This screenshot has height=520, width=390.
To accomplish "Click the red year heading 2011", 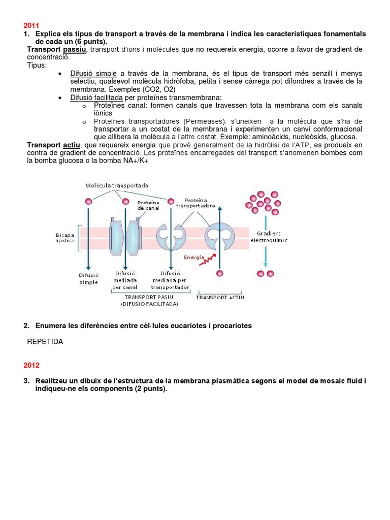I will [x=31, y=25].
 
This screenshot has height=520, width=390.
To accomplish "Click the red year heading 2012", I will [x=31, y=365].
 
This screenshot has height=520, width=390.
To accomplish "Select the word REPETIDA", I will [x=45, y=342].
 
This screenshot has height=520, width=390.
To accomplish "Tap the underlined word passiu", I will [x=75, y=49].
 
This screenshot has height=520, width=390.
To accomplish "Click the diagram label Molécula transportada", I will [x=117, y=186].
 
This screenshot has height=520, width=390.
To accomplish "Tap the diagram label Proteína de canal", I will [x=148, y=205].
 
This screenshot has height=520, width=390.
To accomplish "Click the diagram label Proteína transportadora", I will [x=196, y=203].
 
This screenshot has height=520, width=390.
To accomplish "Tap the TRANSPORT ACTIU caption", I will [x=220, y=297].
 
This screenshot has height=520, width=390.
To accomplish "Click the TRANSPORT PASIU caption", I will [x=149, y=297].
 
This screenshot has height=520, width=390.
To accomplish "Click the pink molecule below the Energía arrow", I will [x=219, y=274].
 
